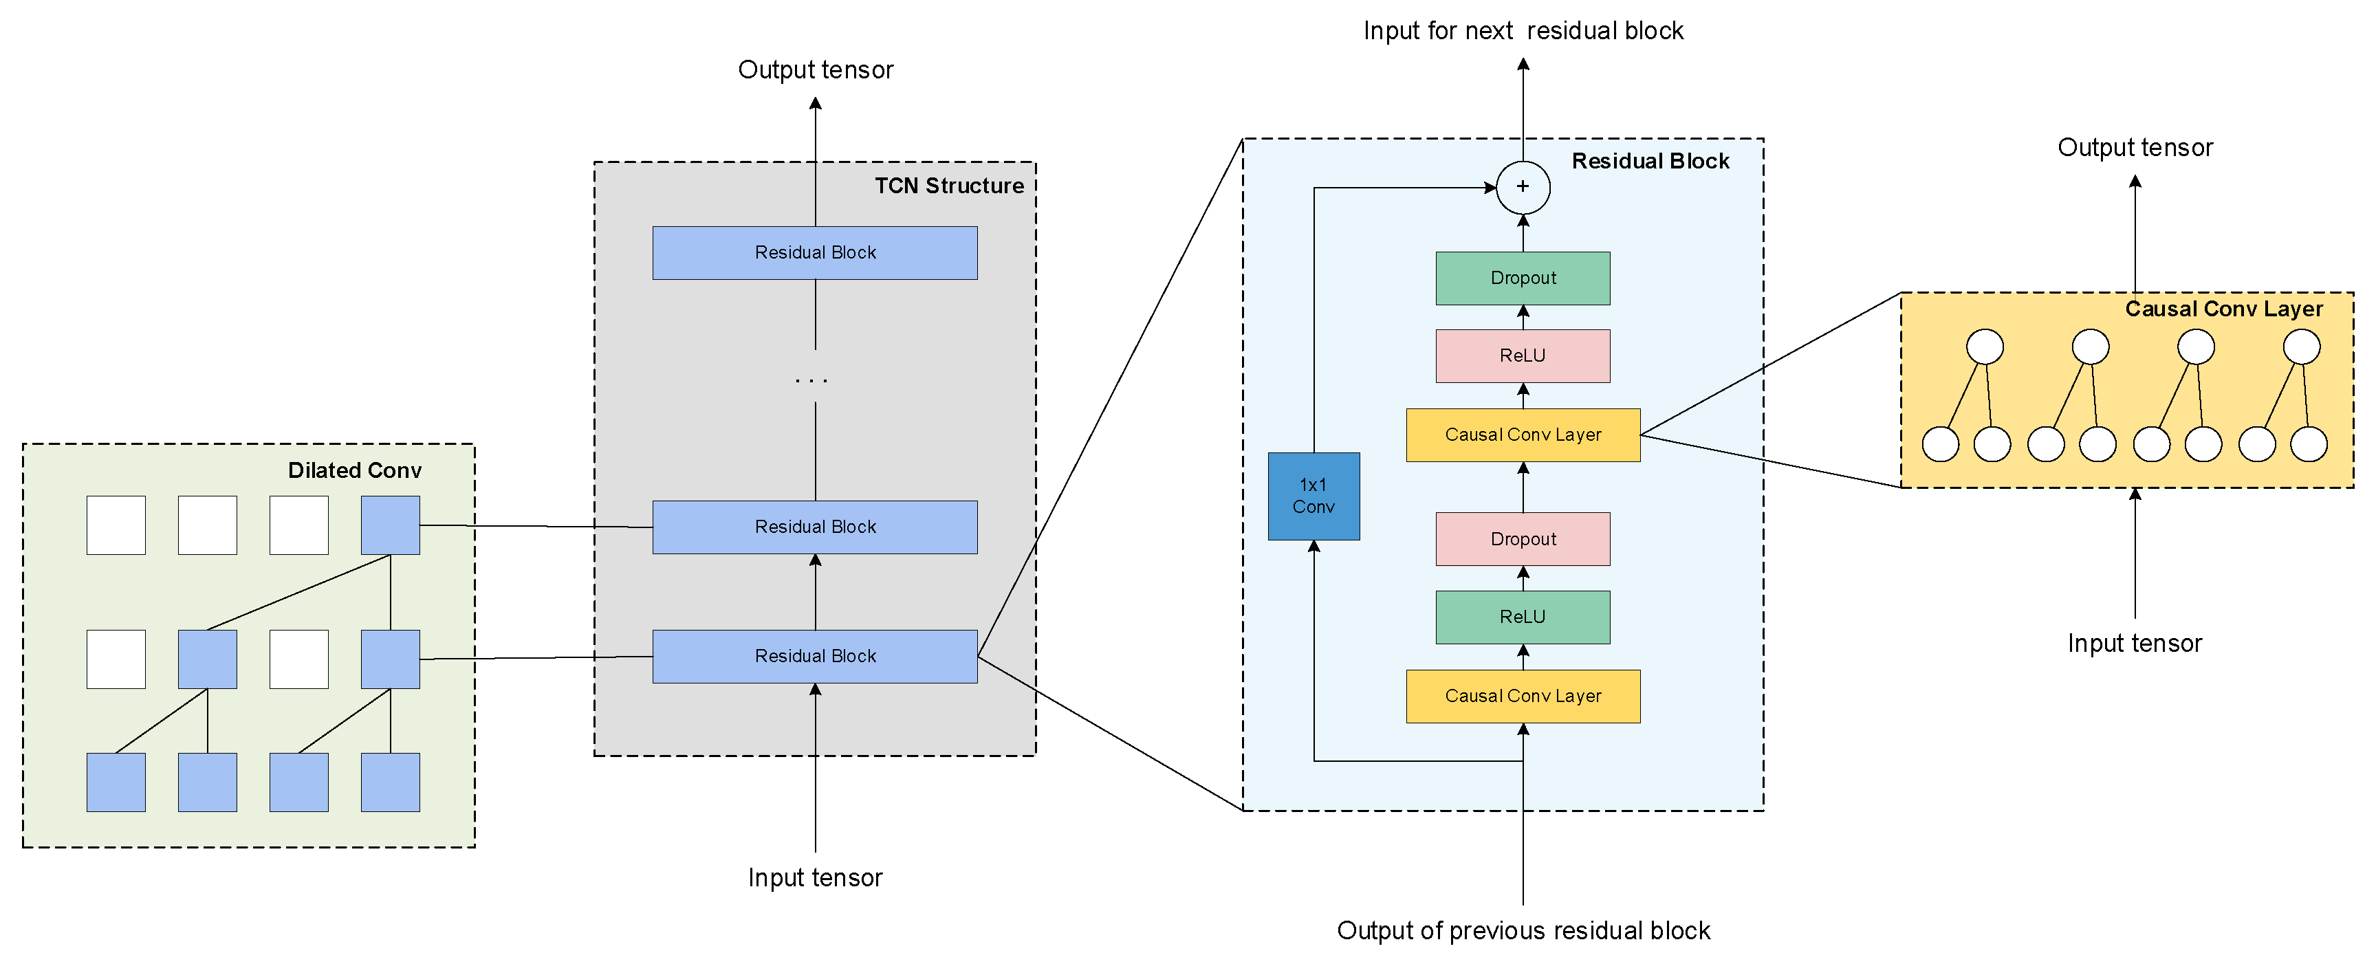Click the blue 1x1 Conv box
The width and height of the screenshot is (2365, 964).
pyautogui.click(x=1313, y=496)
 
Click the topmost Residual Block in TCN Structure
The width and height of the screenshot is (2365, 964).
pyautogui.click(x=814, y=252)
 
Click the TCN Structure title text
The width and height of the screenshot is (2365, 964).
pyautogui.click(x=948, y=186)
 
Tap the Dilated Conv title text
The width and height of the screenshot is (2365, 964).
pyautogui.click(x=354, y=471)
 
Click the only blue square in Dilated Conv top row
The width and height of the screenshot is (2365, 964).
pyautogui.click(x=390, y=525)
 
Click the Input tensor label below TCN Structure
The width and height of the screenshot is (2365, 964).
pyautogui.click(x=814, y=877)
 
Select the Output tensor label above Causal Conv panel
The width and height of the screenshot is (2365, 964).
pyautogui.click(x=2135, y=148)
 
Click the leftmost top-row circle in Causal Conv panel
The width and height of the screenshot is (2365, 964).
pyautogui.click(x=1984, y=347)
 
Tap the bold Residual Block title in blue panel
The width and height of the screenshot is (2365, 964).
pyautogui.click(x=1650, y=162)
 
